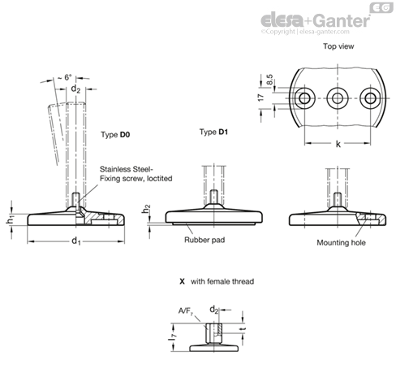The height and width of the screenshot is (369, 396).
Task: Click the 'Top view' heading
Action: [338, 46]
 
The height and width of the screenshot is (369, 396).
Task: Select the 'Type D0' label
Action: [115, 135]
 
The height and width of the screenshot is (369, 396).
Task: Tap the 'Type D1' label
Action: [213, 132]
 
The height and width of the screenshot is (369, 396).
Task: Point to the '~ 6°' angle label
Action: [65, 77]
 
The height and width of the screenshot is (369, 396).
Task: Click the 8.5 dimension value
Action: [269, 80]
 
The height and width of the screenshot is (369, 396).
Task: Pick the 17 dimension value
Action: [260, 98]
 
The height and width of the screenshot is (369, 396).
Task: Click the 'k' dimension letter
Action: [338, 144]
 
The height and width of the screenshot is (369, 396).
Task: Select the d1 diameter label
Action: [76, 241]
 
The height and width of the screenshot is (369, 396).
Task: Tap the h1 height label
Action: [10, 220]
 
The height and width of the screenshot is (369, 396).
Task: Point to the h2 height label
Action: [146, 209]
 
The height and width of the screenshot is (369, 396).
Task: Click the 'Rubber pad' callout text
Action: [204, 240]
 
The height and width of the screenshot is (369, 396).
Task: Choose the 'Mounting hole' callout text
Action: [341, 242]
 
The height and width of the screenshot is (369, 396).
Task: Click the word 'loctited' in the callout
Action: [159, 179]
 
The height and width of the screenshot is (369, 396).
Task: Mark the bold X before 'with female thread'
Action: [182, 281]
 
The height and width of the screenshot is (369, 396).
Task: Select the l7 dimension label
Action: [172, 337]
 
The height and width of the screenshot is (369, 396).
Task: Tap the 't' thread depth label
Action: [243, 329]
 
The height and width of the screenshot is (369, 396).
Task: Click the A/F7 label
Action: [186, 311]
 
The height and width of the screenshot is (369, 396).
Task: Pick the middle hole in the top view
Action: [338, 98]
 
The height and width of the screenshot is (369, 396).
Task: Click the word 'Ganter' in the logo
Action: [342, 20]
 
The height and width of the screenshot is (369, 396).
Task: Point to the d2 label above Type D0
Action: [75, 89]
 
